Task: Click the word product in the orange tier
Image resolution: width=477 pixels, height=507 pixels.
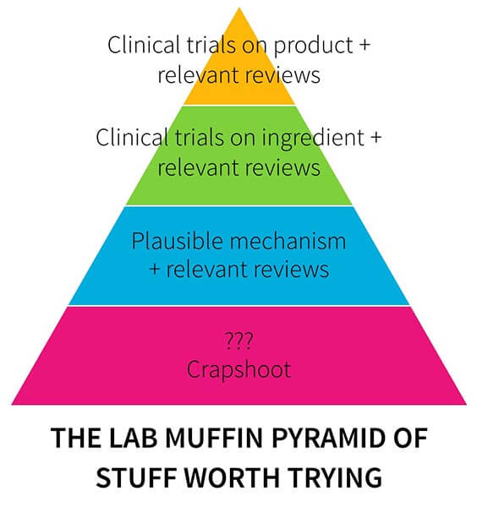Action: pos(313,46)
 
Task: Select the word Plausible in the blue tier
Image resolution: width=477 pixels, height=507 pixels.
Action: pos(177,241)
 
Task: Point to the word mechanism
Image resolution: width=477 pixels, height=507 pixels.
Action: pos(288,241)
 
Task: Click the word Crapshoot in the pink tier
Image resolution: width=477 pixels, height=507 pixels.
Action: pos(238,369)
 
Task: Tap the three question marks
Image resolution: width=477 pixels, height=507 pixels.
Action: pos(238,341)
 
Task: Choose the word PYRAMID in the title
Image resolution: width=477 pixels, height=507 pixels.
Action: pos(328,438)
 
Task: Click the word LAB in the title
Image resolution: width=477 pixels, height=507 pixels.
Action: pos(133,438)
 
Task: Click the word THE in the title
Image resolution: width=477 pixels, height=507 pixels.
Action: pos(76,438)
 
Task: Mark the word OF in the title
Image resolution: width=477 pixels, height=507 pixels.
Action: pos(411,438)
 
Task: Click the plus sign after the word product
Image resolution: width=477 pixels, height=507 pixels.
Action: pos(365,44)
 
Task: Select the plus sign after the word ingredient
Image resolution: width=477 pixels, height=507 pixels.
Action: pos(376,137)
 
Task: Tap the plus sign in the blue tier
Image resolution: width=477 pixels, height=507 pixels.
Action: pos(155,269)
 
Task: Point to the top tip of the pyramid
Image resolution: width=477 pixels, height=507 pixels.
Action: pos(239,8)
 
